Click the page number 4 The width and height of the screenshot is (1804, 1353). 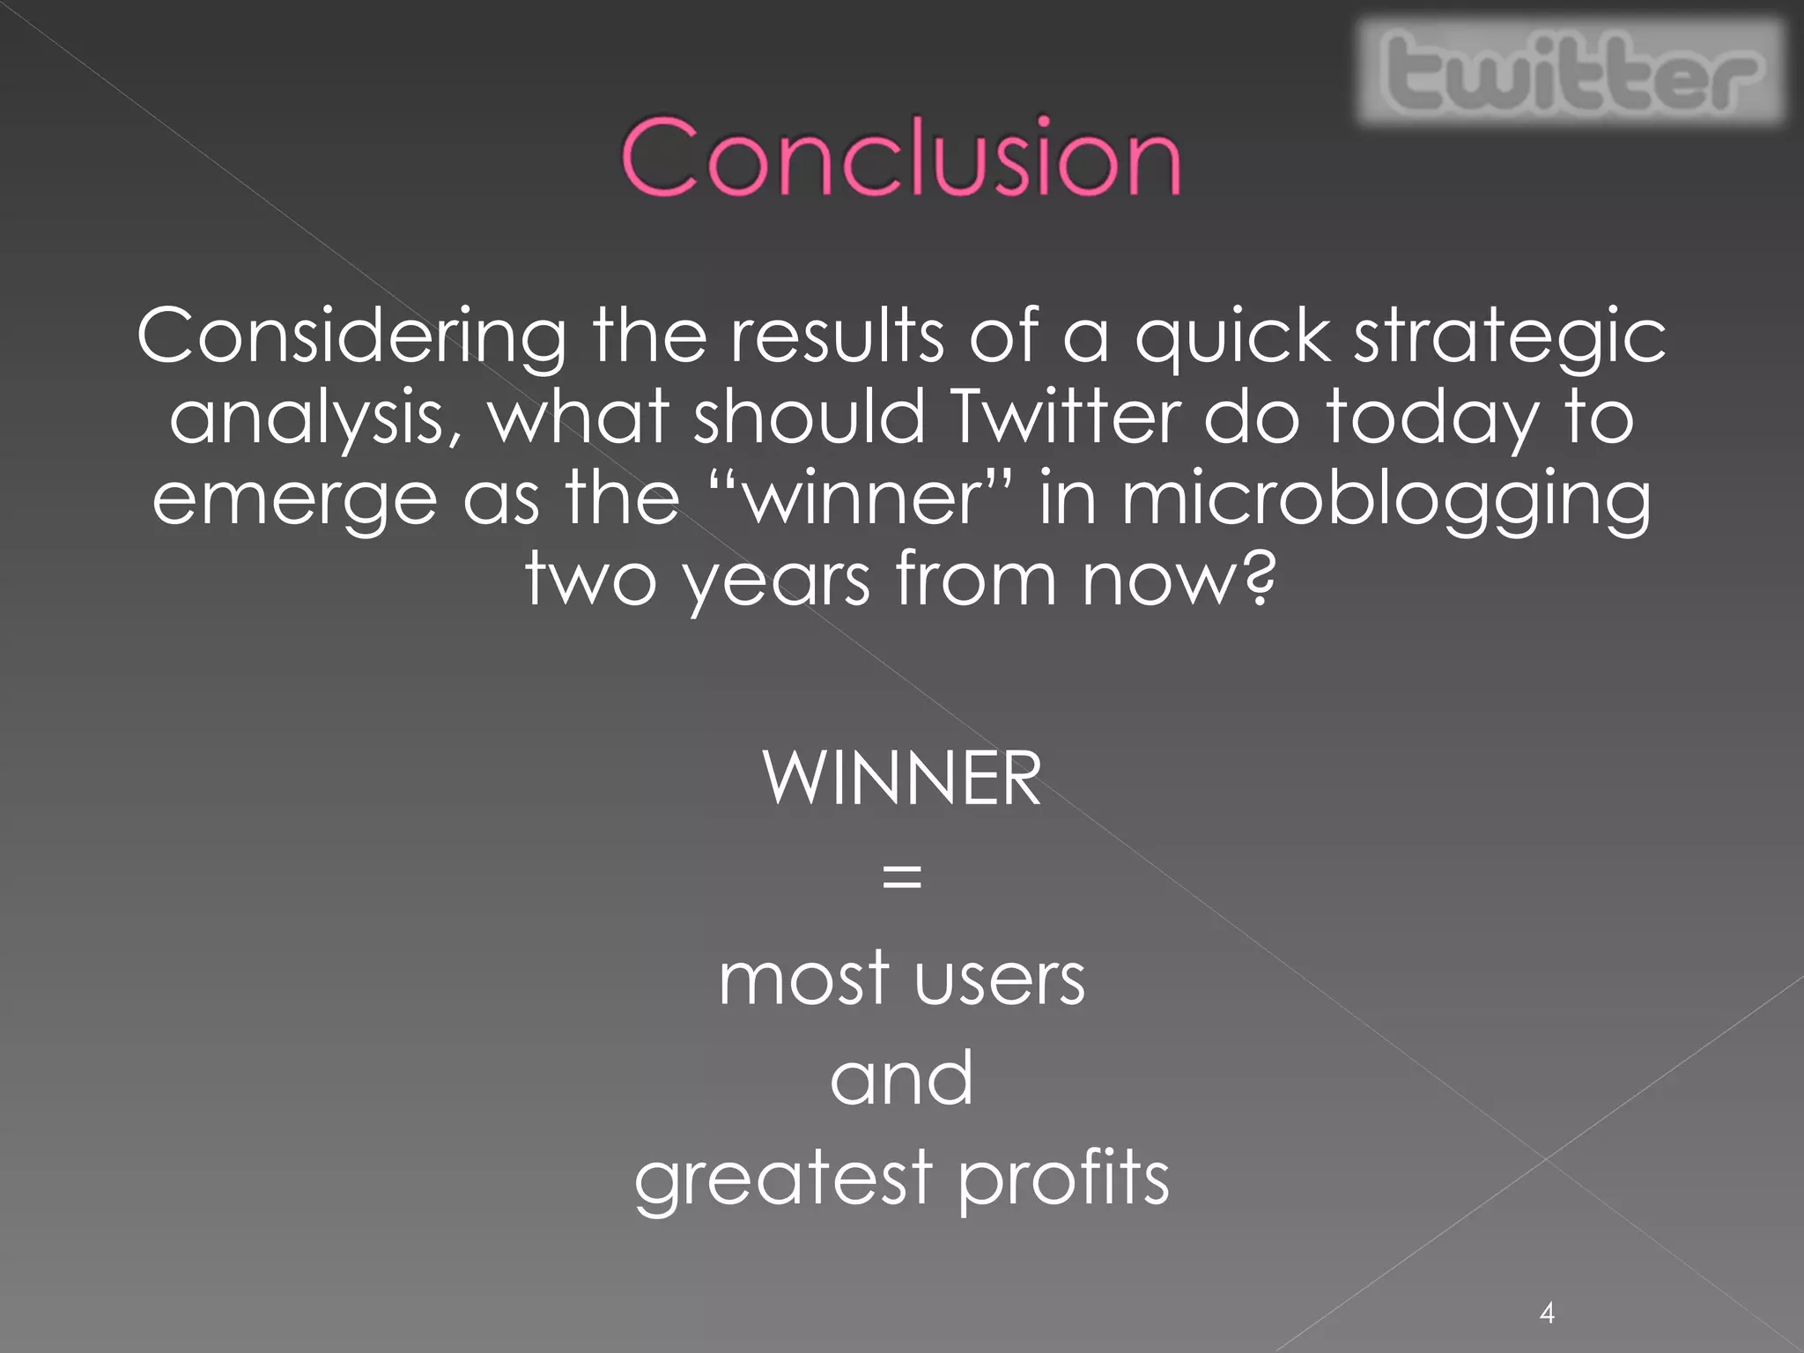click(x=1547, y=1312)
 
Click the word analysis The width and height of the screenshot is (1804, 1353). click(x=313, y=418)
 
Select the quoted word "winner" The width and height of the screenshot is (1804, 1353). click(x=861, y=498)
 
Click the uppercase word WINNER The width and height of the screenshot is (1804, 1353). click(x=902, y=778)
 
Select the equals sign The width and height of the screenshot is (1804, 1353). click(x=902, y=877)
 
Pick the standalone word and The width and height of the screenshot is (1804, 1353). click(x=902, y=1078)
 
